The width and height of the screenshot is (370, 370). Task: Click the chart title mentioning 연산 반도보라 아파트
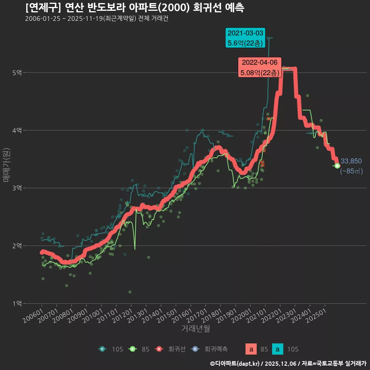point(135,8)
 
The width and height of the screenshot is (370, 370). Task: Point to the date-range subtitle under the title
point(96,19)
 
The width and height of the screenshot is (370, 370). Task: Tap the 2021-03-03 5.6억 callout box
point(245,38)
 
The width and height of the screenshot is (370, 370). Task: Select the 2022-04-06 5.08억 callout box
point(259,67)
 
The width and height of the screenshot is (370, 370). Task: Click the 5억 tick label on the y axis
point(17,72)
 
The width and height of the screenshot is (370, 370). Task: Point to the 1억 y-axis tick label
point(17,303)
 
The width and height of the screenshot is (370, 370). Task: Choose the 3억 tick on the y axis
point(17,188)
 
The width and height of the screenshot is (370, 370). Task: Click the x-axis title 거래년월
point(196,329)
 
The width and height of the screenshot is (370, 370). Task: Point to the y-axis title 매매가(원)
point(6,165)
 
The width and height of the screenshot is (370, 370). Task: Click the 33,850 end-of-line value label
point(351,161)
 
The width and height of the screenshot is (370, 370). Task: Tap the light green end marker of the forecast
point(337,166)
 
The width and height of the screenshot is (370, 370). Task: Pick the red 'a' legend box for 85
point(251,350)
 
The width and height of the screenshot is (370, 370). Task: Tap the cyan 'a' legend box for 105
point(278,350)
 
